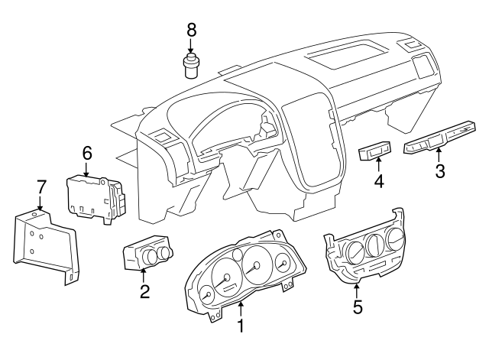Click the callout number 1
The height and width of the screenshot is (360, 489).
[241, 327]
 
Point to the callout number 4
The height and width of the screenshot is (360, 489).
[377, 181]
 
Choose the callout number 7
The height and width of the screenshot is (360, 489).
[41, 186]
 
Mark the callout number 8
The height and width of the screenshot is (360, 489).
[191, 30]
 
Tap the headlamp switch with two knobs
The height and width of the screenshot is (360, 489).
[147, 253]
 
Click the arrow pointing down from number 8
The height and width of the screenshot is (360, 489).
[191, 46]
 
